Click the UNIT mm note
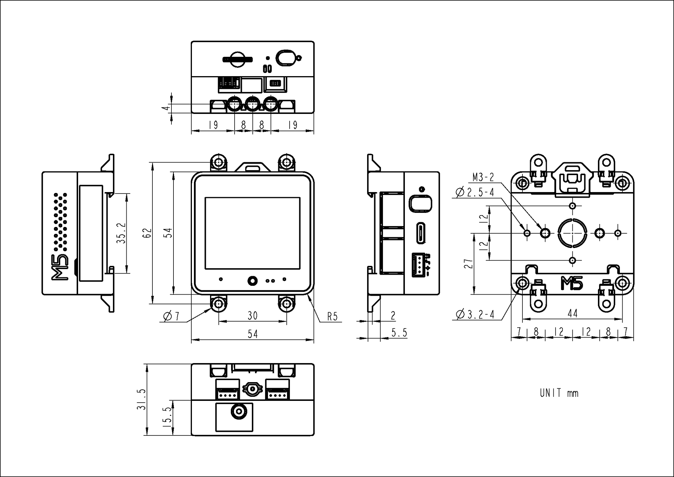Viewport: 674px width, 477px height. [x=559, y=393]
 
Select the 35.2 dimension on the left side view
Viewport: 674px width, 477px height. [x=121, y=233]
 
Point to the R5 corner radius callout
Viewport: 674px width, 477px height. [x=332, y=317]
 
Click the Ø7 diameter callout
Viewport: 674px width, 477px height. [x=171, y=316]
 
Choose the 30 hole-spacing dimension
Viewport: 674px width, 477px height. [x=252, y=316]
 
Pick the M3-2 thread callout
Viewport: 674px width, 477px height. [x=483, y=177]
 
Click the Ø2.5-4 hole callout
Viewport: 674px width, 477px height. [x=475, y=192]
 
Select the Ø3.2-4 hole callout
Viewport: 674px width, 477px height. [x=475, y=314]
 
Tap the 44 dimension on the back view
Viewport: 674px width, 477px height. [x=572, y=314]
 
